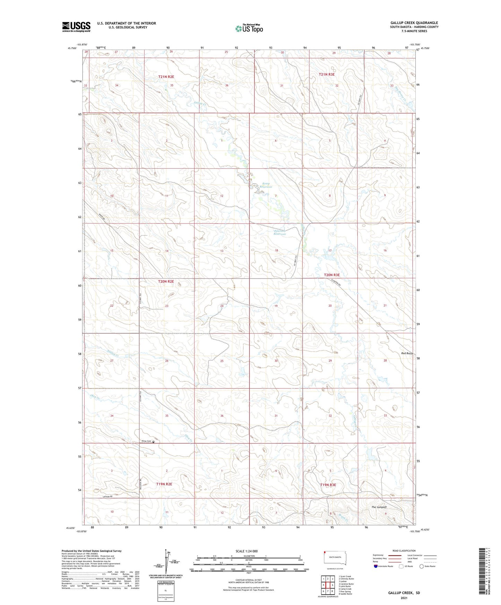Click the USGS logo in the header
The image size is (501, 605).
(x=76, y=27)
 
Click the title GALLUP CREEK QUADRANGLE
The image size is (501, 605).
(x=414, y=23)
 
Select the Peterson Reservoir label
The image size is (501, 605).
(x=279, y=232)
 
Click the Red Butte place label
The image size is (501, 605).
(x=407, y=353)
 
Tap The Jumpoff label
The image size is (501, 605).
(x=379, y=507)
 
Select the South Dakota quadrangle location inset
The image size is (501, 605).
(x=335, y=558)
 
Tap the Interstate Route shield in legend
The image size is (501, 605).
(x=376, y=566)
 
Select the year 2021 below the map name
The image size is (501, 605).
(x=404, y=598)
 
